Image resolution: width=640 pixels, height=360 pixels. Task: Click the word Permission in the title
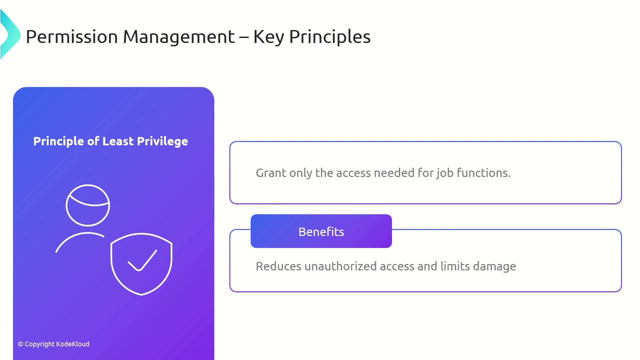[x=71, y=37]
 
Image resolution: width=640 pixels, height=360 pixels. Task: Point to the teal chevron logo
[x=10, y=34]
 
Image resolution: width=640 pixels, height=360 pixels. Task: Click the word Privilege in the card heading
[x=162, y=141]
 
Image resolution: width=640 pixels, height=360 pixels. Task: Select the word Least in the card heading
[x=118, y=141]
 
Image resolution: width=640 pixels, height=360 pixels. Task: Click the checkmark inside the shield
[x=142, y=260]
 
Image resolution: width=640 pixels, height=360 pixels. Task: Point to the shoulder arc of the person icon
[x=80, y=235]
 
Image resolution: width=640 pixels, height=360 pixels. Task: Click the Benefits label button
[x=321, y=231]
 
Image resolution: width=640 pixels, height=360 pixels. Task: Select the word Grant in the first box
[x=271, y=173]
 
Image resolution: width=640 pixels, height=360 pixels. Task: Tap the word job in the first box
[x=445, y=173]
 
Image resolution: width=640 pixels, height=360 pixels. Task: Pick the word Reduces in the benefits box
[x=278, y=266]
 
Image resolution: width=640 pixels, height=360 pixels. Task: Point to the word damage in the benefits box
[x=494, y=267]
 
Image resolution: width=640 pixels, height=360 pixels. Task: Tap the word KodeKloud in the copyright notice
[x=73, y=344]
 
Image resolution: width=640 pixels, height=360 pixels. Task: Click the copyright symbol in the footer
[x=20, y=344]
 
